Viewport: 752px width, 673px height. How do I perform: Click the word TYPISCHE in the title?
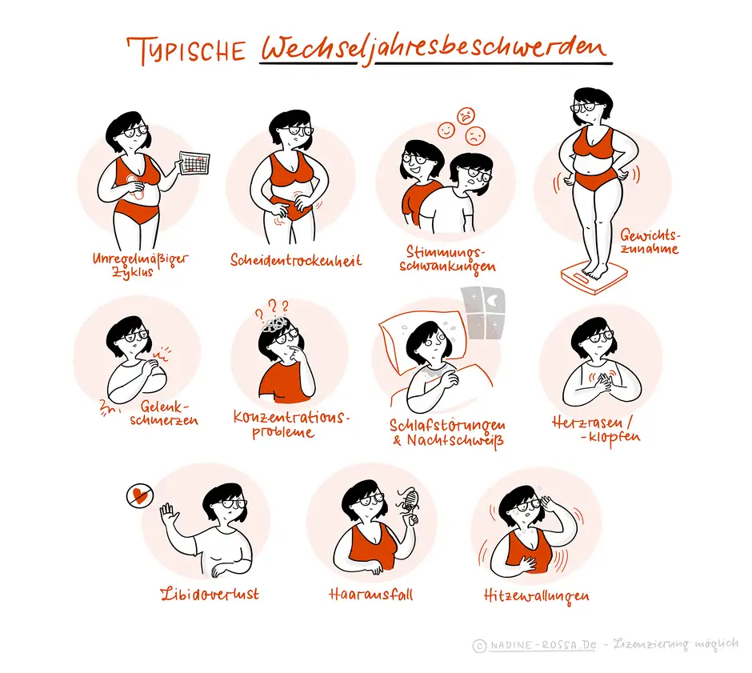189,50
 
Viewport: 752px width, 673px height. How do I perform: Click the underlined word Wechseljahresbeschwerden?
435,50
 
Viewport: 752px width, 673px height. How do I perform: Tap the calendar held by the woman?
194,162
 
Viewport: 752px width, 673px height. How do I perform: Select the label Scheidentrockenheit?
296,260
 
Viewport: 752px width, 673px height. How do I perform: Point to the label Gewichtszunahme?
649,242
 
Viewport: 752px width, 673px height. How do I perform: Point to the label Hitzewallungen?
536,595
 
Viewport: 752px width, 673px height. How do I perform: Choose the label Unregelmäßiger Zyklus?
141,264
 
